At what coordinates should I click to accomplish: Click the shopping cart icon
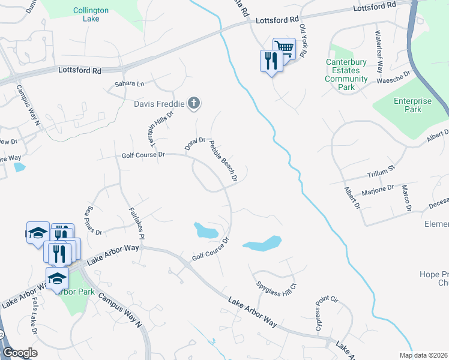(x=284, y=48)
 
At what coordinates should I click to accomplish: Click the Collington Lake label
(x=91, y=14)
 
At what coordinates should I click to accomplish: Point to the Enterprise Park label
(x=412, y=105)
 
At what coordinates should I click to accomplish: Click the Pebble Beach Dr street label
(x=223, y=161)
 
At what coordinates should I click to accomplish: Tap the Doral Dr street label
(x=195, y=144)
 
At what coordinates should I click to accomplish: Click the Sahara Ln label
(x=133, y=84)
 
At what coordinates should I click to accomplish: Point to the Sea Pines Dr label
(x=95, y=220)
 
